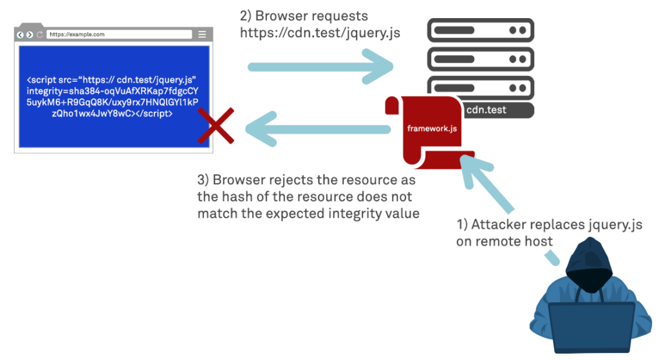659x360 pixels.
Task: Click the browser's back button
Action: click(x=21, y=35)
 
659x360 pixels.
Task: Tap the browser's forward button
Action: click(x=30, y=35)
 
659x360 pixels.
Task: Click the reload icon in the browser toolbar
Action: click(x=39, y=35)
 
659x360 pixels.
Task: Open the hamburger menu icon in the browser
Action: click(x=201, y=35)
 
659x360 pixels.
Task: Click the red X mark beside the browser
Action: click(x=216, y=125)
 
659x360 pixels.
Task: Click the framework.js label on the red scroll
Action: click(x=432, y=128)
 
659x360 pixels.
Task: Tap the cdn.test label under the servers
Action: click(x=486, y=110)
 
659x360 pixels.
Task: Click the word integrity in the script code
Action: click(x=48, y=91)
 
